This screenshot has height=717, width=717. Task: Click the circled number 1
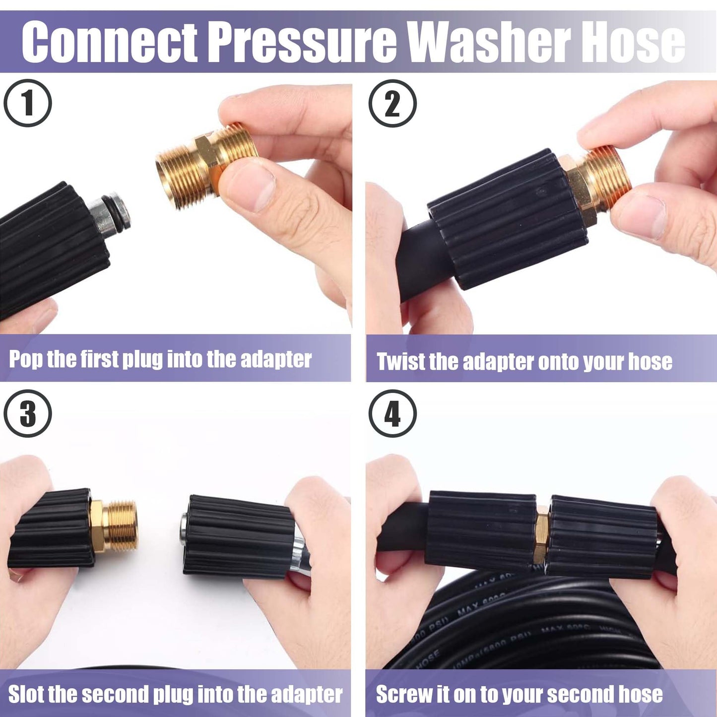coord(28,103)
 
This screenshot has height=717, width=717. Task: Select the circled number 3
coord(28,413)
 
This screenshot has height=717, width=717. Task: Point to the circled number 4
coord(392,413)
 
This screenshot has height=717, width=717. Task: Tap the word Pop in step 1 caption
coord(26,359)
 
